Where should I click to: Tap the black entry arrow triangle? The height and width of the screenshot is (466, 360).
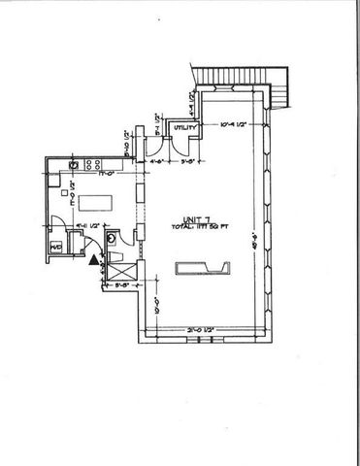(94, 259)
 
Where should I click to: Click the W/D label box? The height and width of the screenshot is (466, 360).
(56, 247)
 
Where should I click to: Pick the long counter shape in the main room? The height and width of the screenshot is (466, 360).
(204, 268)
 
